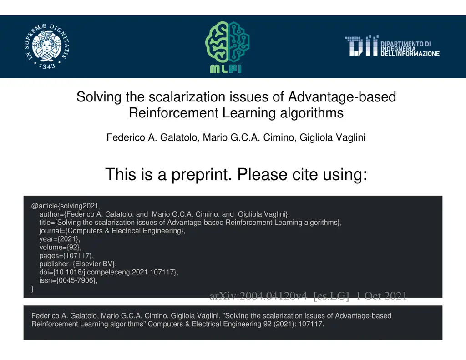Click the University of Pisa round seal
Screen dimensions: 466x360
point(47,46)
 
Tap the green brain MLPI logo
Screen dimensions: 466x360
point(228,47)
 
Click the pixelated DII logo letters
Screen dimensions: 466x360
point(362,46)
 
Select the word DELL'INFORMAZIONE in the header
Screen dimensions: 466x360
point(410,54)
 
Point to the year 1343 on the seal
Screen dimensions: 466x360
point(47,66)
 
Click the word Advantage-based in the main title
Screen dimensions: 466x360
point(342,97)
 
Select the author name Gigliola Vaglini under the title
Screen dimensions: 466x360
point(332,137)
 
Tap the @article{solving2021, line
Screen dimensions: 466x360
point(66,206)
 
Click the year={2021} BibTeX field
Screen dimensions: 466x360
point(60,239)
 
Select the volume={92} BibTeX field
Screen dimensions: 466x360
point(60,247)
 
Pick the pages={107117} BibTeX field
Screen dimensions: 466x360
point(66,256)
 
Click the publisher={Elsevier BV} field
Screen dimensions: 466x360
point(78,264)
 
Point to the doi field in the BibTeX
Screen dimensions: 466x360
point(109,272)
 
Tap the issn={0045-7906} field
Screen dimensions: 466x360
point(68,280)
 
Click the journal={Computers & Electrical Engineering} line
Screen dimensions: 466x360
point(112,231)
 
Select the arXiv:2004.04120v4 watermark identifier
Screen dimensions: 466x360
point(258,296)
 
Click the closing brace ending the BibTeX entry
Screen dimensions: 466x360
point(32,289)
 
